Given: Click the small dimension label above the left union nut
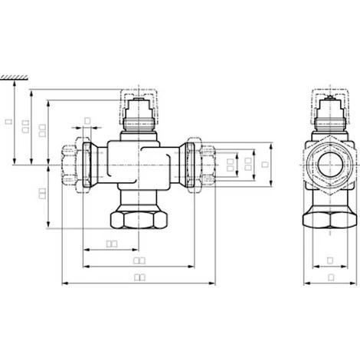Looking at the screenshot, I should (87, 120).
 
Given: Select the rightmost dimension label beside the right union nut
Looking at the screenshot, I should (264, 163).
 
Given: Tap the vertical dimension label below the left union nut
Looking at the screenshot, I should (42, 193).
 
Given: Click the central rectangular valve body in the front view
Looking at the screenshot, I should (139, 162).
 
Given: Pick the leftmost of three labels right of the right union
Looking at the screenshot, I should (231, 163).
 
